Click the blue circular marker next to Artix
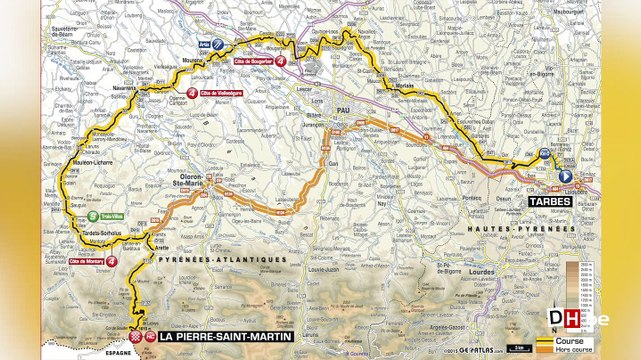click(x=217, y=44)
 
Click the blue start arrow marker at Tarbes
click(x=565, y=176)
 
